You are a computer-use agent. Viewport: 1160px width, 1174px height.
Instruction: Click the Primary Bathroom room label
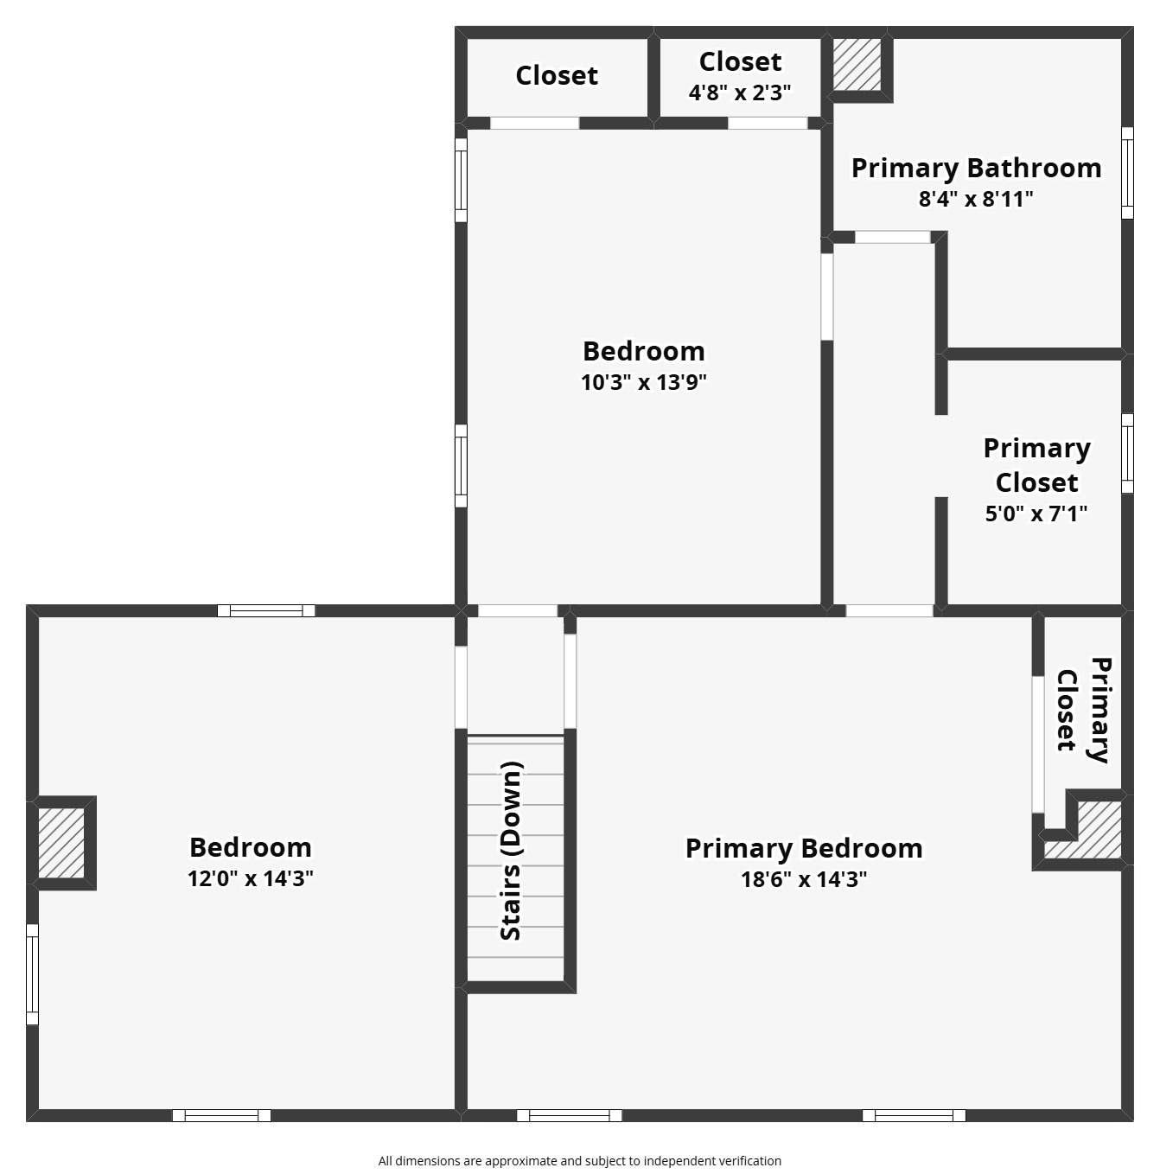pos(976,169)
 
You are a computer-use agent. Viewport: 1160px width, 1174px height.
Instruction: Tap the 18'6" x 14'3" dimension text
pos(804,879)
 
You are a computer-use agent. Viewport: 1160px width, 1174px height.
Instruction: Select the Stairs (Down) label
pos(511,851)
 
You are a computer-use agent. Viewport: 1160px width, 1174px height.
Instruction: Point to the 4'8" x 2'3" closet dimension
pos(740,93)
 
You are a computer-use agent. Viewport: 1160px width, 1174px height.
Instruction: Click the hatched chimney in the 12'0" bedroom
pos(61,843)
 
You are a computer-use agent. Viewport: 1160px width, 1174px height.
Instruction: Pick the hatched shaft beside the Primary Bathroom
pos(857,64)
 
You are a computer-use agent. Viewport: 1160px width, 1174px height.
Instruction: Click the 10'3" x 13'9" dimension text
pos(643,382)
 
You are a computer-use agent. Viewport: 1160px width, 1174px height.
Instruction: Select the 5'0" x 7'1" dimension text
pos(1036,514)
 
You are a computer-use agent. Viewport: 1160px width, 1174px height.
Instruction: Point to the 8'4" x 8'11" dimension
pos(976,199)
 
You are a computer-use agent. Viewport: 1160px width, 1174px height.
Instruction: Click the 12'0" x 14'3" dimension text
pos(251,878)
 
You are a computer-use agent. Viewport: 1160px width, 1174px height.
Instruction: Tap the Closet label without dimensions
pos(557,75)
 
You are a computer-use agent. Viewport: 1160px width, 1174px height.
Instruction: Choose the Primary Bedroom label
pos(804,849)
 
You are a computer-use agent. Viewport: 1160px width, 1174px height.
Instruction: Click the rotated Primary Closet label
pos(1085,710)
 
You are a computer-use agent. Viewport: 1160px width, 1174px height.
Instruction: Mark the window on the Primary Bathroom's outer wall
pos(1128,173)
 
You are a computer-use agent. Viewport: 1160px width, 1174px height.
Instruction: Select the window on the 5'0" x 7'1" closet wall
pos(1128,453)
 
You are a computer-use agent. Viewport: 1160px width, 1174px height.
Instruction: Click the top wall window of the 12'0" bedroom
pos(266,610)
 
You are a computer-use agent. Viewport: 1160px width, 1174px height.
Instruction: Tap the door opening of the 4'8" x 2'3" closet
pos(768,123)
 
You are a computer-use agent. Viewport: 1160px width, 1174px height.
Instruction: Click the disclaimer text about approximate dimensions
pos(579,1160)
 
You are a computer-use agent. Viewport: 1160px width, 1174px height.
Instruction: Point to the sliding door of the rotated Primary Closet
pos(1037,743)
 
